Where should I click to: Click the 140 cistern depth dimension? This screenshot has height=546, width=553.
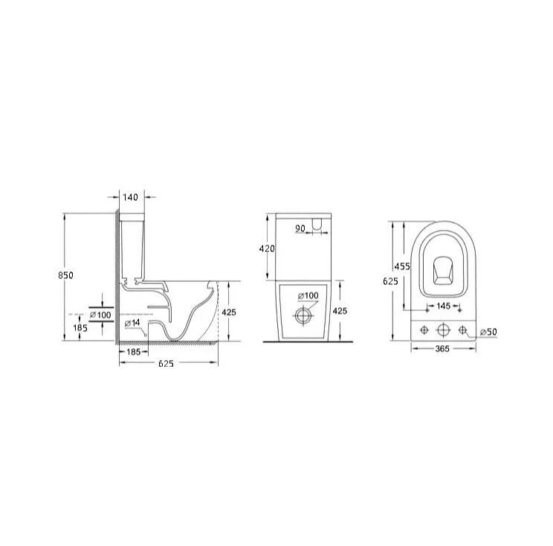click(x=131, y=197)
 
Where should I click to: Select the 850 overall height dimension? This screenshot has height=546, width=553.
click(x=65, y=275)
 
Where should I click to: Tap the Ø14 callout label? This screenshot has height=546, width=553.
click(x=132, y=323)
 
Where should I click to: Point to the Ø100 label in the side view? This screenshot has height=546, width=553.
click(x=100, y=315)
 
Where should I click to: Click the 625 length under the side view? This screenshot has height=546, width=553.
click(x=166, y=363)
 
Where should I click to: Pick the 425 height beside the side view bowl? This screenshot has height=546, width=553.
click(x=229, y=312)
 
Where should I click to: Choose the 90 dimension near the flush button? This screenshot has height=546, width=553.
click(x=300, y=228)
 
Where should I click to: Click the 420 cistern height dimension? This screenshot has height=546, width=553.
click(x=267, y=248)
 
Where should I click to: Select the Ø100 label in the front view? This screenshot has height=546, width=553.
click(x=308, y=296)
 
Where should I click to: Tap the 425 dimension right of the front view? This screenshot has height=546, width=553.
click(x=340, y=311)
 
